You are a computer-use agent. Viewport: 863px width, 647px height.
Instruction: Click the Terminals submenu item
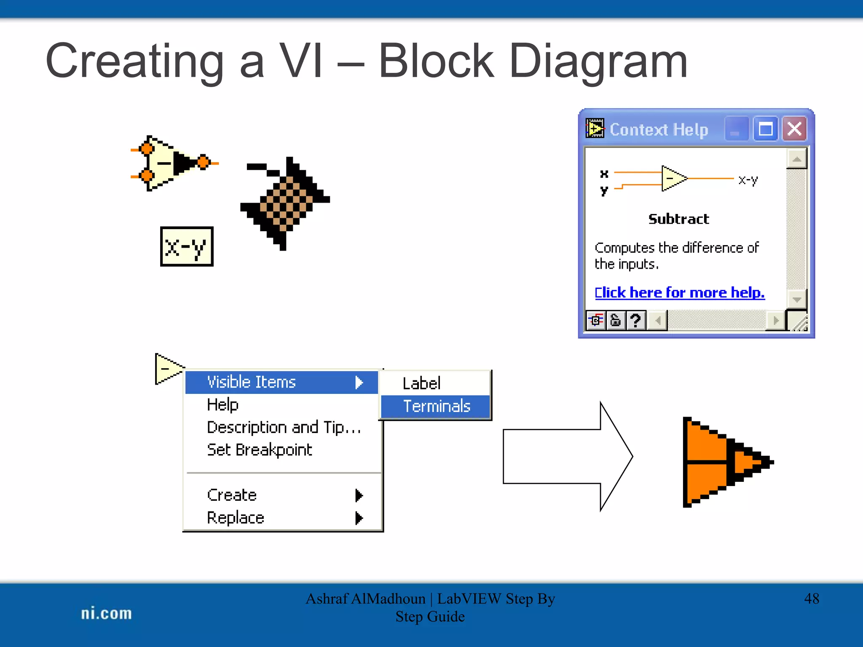point(436,406)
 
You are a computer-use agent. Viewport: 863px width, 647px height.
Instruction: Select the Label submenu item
point(421,383)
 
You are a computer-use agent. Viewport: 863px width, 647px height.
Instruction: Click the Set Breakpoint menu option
point(259,450)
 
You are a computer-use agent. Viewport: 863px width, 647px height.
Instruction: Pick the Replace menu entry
point(236,518)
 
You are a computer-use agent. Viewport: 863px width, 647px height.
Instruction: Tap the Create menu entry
point(232,495)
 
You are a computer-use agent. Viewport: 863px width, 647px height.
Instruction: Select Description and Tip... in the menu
point(284,428)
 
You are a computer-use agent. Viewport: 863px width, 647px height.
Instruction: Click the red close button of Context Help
point(794,129)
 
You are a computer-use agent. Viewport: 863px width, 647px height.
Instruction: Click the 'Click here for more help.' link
point(679,292)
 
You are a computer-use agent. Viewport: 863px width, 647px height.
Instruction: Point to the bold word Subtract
point(678,219)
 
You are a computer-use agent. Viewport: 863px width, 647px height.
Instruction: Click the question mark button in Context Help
point(635,321)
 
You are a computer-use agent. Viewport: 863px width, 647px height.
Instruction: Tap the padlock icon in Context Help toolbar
point(616,321)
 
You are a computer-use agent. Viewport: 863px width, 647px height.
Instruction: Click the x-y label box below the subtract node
point(187,246)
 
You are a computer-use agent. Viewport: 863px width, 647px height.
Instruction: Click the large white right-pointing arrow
point(567,456)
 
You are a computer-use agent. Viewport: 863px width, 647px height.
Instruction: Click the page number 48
point(811,599)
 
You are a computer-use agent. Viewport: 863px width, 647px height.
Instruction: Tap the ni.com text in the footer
point(106,613)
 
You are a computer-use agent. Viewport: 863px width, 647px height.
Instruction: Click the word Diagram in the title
point(598,61)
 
